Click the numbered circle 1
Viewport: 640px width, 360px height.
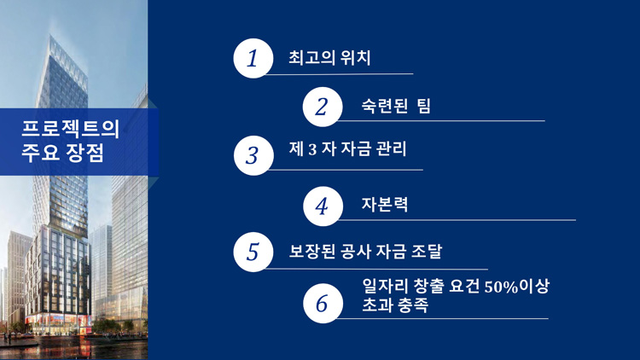click(x=253, y=58)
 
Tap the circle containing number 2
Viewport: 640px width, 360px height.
click(x=323, y=107)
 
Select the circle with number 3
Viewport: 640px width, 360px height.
click(x=253, y=155)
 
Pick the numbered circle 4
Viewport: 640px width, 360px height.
click(x=323, y=206)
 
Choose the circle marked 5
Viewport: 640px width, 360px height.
click(x=253, y=252)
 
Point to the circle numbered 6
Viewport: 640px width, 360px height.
click(x=323, y=303)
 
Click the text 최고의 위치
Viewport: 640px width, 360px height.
click(x=329, y=57)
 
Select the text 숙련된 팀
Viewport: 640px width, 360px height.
click(x=396, y=106)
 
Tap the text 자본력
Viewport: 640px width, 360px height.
click(x=385, y=205)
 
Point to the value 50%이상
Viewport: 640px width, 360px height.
click(x=517, y=286)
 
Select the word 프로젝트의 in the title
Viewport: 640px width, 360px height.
click(x=70, y=129)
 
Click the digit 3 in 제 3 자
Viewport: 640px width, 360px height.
click(x=312, y=149)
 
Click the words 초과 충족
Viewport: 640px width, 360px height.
click(x=395, y=305)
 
